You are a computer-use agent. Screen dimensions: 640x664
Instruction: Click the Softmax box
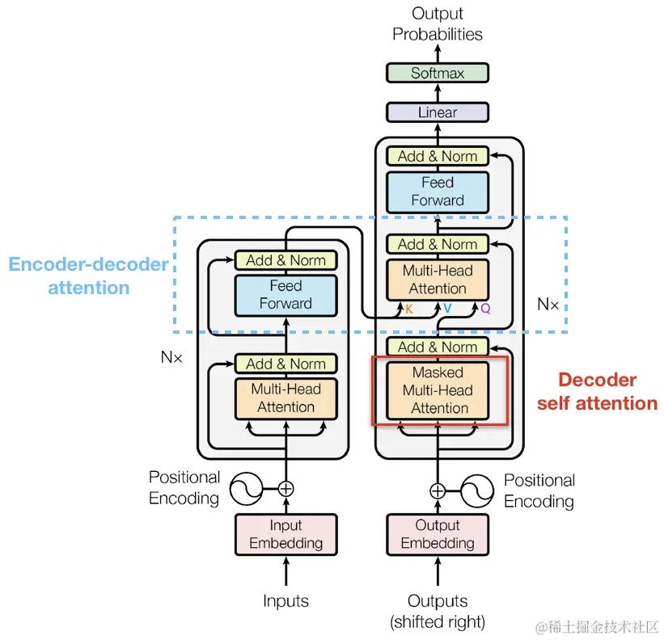coord(438,73)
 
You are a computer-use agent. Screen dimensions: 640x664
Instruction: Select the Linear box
coord(438,112)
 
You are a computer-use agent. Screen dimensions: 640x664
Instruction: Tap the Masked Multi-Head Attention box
coord(438,390)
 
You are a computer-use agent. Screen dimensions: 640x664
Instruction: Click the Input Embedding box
coord(285,534)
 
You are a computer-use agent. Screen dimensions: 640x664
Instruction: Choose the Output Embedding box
coord(438,534)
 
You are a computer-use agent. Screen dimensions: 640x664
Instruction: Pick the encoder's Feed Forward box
coord(285,295)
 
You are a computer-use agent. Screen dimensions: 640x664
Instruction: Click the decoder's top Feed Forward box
coord(438,192)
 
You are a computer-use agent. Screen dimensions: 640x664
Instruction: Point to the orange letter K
coord(408,309)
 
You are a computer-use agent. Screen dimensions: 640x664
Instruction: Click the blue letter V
coord(446,309)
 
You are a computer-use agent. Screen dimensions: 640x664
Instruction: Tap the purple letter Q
coord(485,309)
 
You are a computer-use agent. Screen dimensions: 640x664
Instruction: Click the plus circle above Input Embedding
coord(285,488)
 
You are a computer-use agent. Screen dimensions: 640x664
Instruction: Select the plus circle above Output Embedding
coord(438,490)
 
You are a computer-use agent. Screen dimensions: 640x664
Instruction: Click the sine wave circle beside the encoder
coord(246,488)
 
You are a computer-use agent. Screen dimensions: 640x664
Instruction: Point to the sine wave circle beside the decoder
coord(477,490)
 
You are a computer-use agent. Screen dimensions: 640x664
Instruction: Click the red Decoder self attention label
coord(598,391)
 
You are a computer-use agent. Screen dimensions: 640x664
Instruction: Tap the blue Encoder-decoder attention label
coord(89,276)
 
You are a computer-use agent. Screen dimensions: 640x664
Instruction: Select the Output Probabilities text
coord(438,23)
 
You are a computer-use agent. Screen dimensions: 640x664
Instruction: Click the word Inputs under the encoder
coord(285,600)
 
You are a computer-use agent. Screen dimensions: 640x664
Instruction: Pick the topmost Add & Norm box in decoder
coord(438,156)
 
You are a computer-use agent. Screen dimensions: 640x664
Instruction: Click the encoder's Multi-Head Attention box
coord(285,398)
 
